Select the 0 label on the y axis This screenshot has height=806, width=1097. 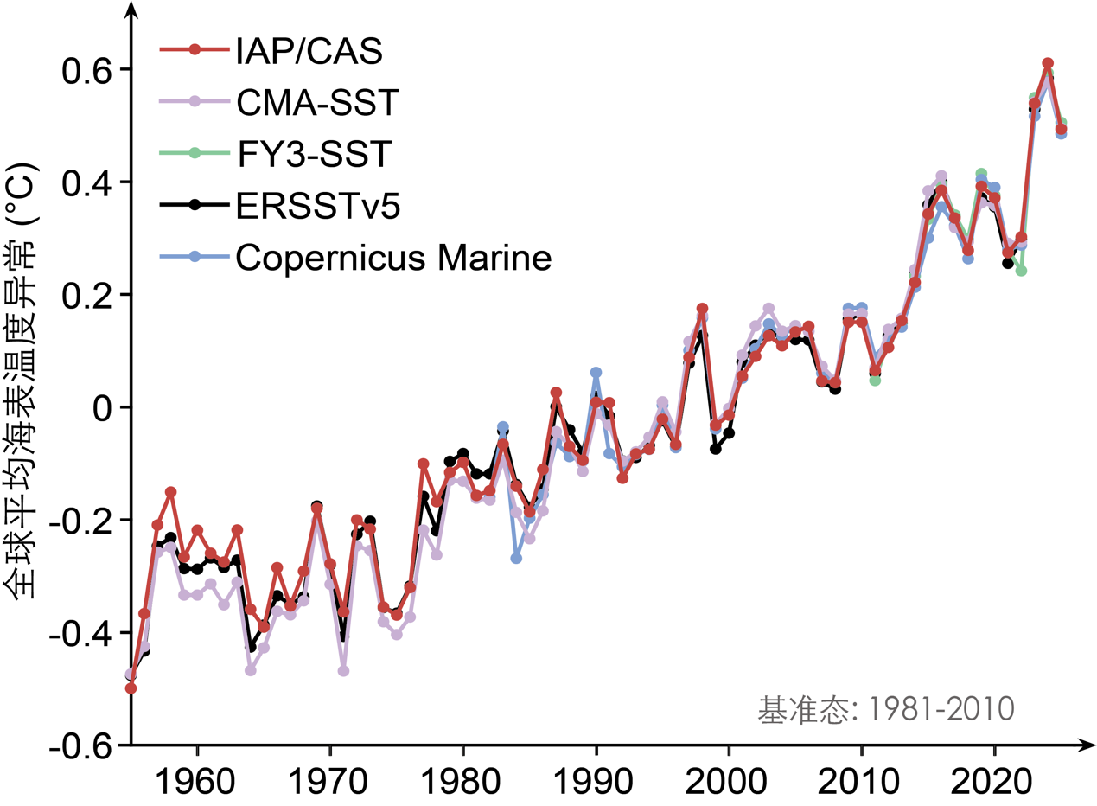pyautogui.click(x=104, y=407)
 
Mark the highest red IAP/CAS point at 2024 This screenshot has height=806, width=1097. pyautogui.click(x=1048, y=63)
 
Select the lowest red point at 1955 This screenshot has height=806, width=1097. pyautogui.click(x=131, y=688)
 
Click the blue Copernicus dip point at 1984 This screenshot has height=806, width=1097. pyautogui.click(x=516, y=559)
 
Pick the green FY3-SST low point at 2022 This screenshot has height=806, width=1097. pyautogui.click(x=1021, y=271)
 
